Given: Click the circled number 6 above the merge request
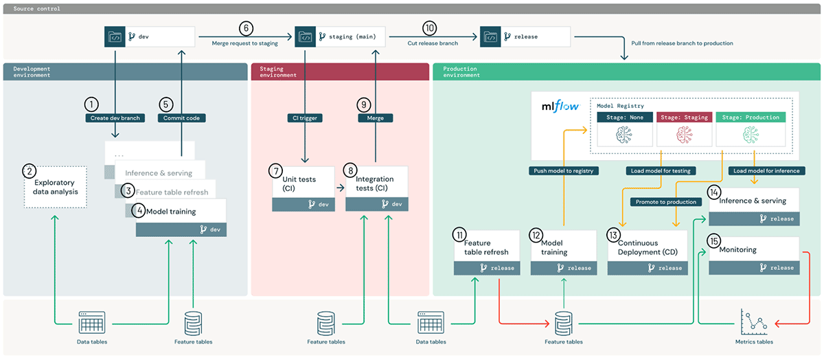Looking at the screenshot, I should [246, 28].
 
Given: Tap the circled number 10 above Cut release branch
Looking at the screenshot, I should [430, 28].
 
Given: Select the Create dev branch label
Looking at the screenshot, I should [115, 118].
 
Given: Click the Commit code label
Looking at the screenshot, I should [182, 118].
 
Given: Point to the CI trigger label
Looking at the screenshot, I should [305, 118].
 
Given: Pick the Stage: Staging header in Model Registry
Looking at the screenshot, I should [684, 117].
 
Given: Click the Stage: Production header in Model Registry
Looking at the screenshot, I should [750, 117].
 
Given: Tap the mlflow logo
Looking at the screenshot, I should [560, 107].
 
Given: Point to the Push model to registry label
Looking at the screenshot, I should [562, 170].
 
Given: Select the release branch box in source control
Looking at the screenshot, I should [525, 36].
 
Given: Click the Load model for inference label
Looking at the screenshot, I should [766, 170].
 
